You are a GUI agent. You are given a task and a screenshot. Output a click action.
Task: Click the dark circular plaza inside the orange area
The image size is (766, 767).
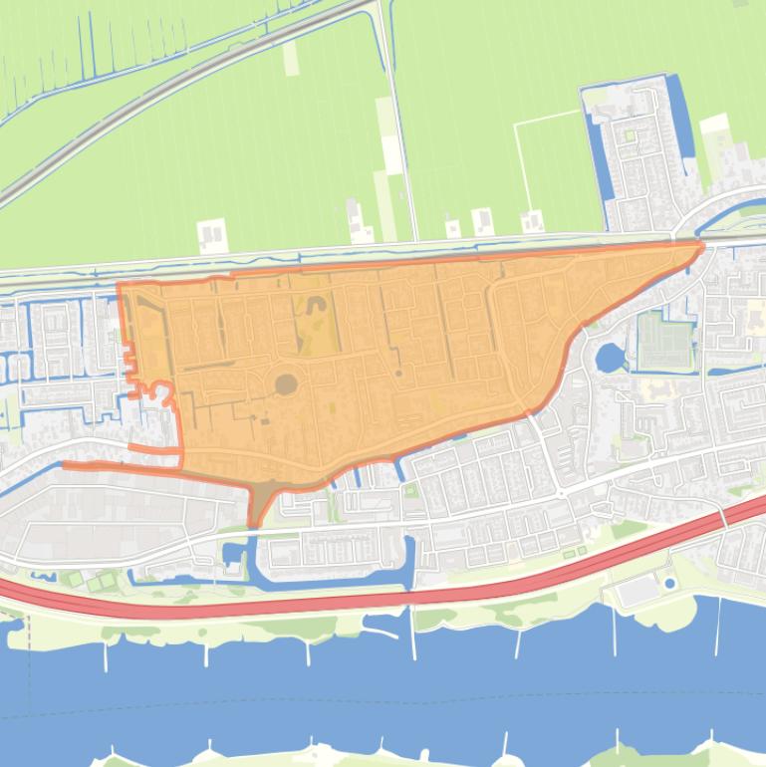click(286, 383)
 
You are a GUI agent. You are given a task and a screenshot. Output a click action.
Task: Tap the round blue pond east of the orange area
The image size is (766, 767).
click(610, 357)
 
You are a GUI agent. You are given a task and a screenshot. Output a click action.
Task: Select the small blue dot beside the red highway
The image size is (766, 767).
click(669, 583)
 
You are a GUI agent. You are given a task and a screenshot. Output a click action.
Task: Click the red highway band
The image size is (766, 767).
click(398, 598)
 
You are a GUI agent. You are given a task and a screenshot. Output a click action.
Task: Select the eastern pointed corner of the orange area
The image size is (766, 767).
click(699, 244)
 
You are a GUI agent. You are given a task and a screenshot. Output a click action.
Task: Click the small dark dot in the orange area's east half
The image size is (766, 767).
click(398, 373)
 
